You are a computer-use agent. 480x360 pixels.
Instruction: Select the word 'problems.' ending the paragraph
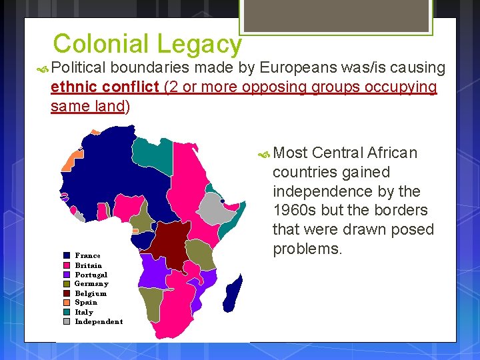coord(307,249)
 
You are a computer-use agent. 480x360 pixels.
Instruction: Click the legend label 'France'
coord(88,255)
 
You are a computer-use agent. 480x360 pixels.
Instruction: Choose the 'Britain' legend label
coord(89,265)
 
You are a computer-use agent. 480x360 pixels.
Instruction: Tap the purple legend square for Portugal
coord(67,275)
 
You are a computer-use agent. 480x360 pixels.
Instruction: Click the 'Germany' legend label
coord(91,283)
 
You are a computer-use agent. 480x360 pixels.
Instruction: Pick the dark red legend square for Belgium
coord(67,293)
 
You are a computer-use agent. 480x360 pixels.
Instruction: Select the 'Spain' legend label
coord(86,302)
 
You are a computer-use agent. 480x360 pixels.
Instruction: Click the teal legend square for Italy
coord(67,312)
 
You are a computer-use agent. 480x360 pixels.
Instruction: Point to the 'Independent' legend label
coord(99,321)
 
